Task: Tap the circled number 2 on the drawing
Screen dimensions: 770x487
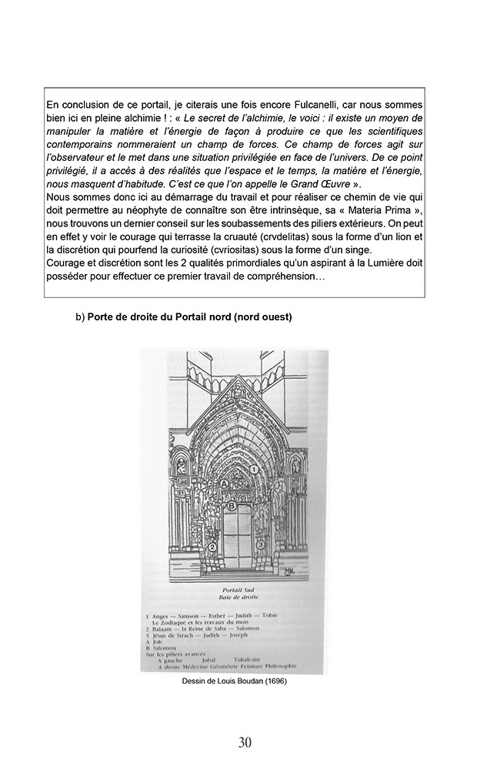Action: [x=202, y=546]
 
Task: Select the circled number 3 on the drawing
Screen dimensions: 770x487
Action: [x=261, y=544]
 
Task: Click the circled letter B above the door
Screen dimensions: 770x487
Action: [x=229, y=506]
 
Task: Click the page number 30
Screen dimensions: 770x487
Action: [x=244, y=742]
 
